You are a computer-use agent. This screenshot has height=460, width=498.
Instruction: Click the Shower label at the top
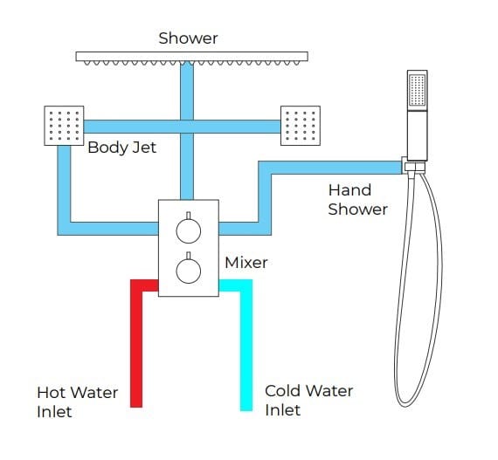(188, 38)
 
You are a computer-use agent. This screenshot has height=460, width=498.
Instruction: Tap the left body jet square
(64, 126)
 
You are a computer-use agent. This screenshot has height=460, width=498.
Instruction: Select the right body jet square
(300, 126)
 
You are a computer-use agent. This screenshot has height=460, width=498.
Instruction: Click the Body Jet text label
(121, 148)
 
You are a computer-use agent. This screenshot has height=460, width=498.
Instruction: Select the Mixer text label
(246, 262)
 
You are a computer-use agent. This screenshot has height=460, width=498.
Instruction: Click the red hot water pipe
(136, 349)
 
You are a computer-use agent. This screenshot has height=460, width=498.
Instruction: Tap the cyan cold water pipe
(246, 349)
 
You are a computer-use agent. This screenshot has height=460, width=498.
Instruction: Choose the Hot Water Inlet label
(77, 401)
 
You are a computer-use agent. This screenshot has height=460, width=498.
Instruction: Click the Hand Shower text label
(356, 199)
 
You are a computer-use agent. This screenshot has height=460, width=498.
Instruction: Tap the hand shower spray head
(418, 91)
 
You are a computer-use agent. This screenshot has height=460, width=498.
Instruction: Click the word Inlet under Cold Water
(282, 409)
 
